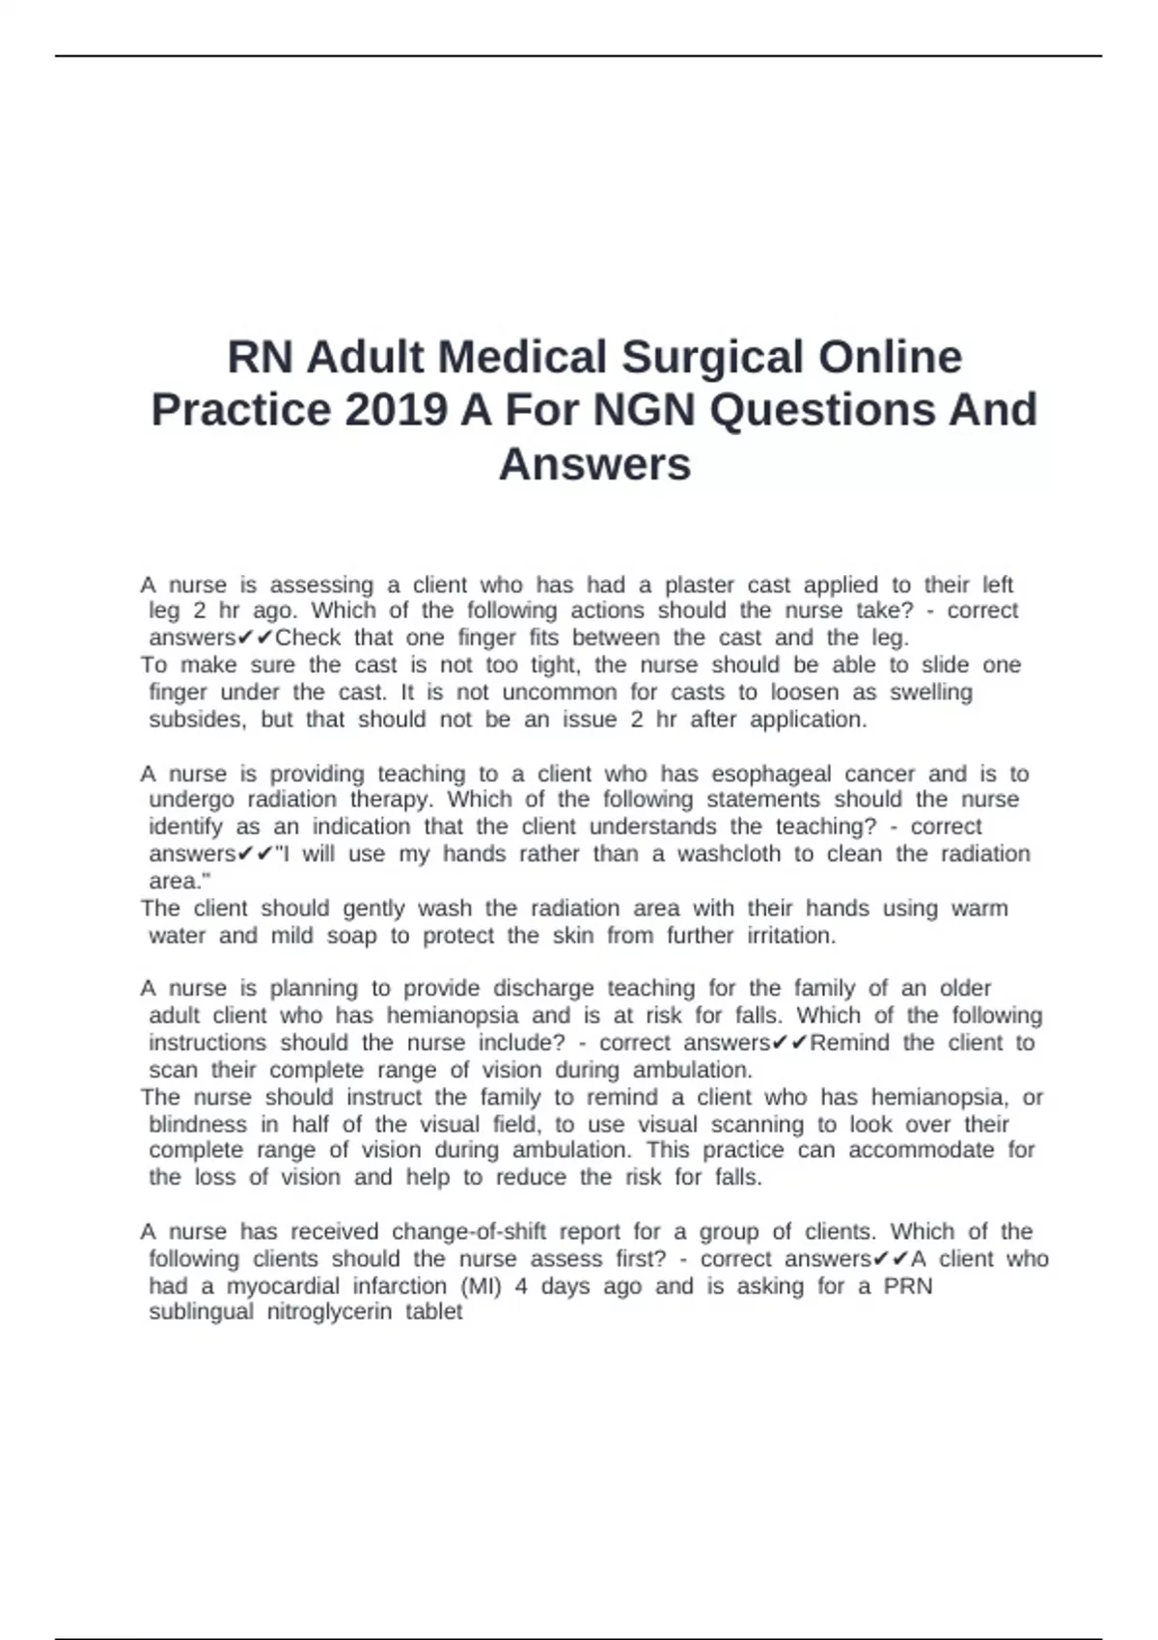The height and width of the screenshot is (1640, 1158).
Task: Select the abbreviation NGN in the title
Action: click(x=644, y=410)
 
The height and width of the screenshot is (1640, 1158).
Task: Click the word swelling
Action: click(x=931, y=692)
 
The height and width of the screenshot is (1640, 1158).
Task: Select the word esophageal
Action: click(x=771, y=774)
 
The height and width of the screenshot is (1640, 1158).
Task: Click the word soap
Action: click(x=351, y=935)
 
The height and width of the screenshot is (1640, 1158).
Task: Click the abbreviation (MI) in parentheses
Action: click(x=481, y=1286)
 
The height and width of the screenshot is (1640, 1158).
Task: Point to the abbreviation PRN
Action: click(x=908, y=1286)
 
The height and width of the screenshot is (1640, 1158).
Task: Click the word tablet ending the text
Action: click(x=434, y=1312)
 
